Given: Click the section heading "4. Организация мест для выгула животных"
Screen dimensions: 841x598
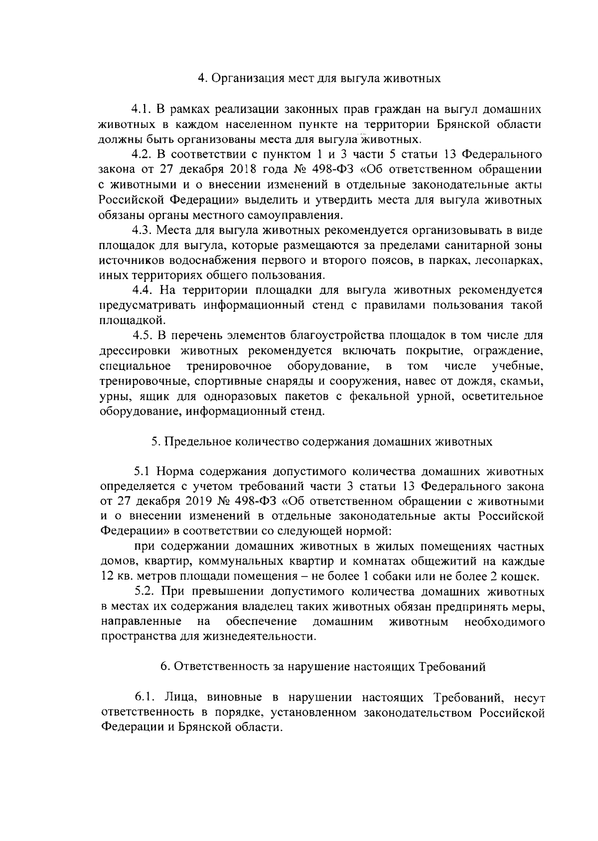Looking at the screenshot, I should pos(319,78).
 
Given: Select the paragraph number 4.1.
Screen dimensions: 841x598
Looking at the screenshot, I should pos(141,109).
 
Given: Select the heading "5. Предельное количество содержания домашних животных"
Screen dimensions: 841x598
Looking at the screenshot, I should pos(321,442).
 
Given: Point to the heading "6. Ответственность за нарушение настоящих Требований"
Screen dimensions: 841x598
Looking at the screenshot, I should pos(322,668).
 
